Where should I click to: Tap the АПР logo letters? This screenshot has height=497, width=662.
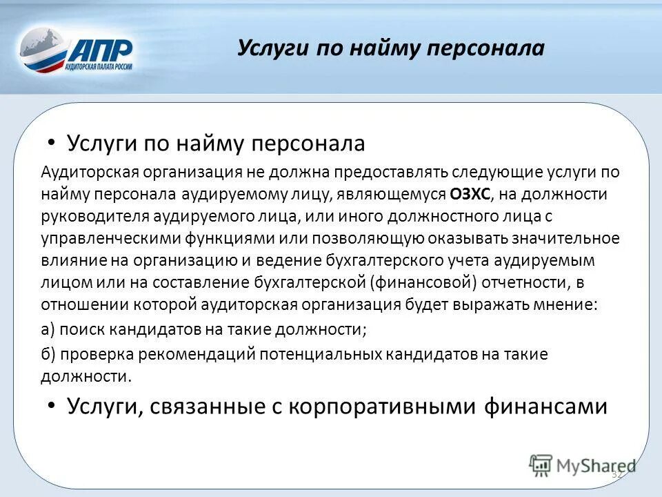(102, 50)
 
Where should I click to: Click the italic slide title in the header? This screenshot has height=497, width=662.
(390, 48)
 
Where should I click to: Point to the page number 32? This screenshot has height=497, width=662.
(616, 475)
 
